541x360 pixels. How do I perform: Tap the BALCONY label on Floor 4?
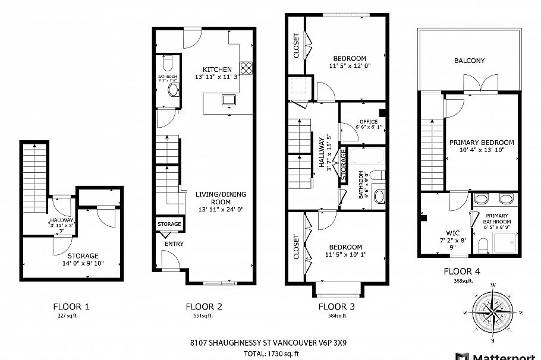click(x=469, y=61)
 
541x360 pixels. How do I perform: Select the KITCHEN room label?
click(x=217, y=70)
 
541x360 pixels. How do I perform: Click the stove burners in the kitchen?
click(x=246, y=67)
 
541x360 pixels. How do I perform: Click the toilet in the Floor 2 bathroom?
click(x=167, y=62)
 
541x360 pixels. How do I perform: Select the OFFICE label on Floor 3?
click(x=369, y=122)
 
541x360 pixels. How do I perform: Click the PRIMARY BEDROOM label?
click(x=481, y=143)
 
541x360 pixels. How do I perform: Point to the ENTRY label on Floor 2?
click(x=174, y=244)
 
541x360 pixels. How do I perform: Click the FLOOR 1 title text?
click(x=71, y=307)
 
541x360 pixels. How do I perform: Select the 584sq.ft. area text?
click(x=336, y=315)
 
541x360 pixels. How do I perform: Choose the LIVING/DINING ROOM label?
click(x=221, y=198)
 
